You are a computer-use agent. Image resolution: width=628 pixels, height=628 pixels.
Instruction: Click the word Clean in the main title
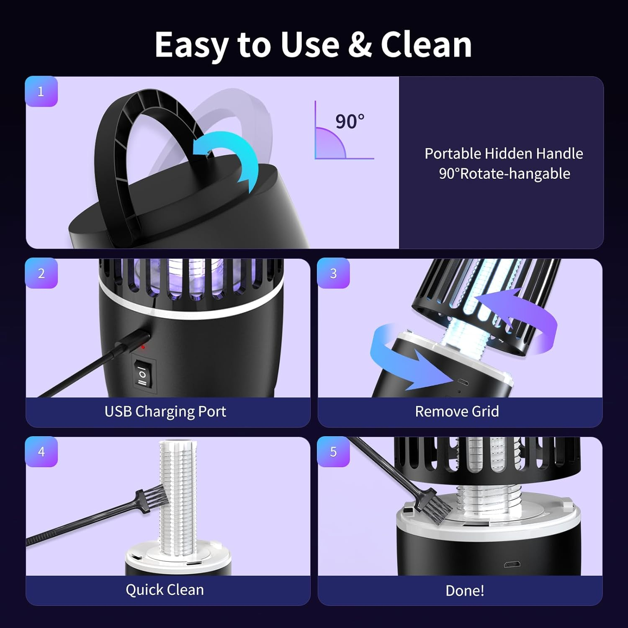pos(426,45)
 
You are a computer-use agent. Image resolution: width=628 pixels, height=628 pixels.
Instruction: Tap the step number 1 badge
pos(41,92)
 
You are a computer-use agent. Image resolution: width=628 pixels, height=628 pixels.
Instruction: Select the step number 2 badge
pos(41,273)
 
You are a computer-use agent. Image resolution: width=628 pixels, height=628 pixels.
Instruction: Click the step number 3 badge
pos(333,273)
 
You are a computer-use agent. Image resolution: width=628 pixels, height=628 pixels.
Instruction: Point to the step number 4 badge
pos(41,452)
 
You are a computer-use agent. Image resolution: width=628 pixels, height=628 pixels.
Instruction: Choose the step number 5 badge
pos(333,452)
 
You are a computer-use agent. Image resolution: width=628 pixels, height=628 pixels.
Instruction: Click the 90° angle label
pos(350,122)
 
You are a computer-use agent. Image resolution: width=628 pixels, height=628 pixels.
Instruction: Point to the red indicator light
pos(143,347)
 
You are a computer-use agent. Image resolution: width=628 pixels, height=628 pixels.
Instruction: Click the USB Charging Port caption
pos(165,412)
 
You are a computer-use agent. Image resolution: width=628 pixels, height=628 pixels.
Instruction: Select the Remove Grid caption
pos(457,412)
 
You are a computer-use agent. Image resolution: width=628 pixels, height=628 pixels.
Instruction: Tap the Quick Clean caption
pos(165,590)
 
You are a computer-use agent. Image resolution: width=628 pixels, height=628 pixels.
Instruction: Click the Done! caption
pos(465,591)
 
